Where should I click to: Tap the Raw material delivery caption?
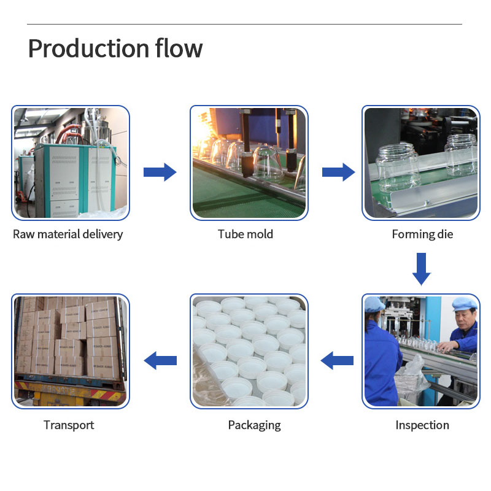(x=68, y=234)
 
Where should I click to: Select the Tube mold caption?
(x=245, y=234)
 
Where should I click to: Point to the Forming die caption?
(x=422, y=234)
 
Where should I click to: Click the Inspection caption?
(x=422, y=425)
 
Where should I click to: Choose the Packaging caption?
(x=254, y=425)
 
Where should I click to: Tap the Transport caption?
(x=69, y=425)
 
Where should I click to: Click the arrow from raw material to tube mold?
(x=160, y=172)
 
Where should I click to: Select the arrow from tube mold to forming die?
(x=338, y=172)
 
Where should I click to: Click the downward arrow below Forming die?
(x=421, y=269)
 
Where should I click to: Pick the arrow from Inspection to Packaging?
(x=338, y=360)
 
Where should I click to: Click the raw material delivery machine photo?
(x=71, y=163)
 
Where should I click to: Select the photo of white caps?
(x=249, y=352)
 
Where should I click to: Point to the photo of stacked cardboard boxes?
(x=71, y=352)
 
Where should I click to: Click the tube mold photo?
(x=249, y=163)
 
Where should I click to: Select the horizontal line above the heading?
(x=244, y=25)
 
